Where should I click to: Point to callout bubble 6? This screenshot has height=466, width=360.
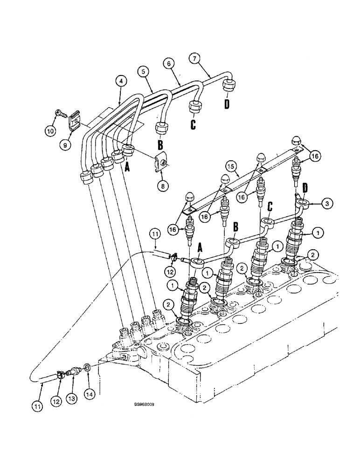[x=169, y=62]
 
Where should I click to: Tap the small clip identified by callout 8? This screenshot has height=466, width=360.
[x=160, y=161]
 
